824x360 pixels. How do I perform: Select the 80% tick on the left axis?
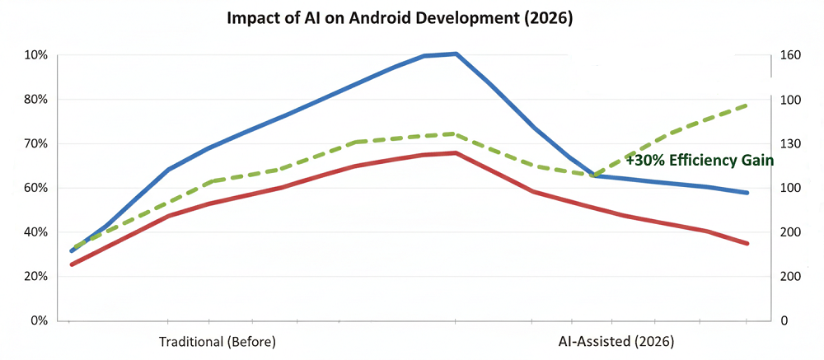tap(37, 100)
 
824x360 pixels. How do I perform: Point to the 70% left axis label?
tap(37, 144)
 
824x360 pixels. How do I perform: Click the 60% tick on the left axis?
tap(37, 188)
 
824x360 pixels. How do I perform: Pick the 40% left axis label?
tap(37, 232)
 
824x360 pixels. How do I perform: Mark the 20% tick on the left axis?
tap(37, 277)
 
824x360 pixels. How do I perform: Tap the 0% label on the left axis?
tap(40, 320)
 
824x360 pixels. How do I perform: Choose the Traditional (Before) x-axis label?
tap(217, 341)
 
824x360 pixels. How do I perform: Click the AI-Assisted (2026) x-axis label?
tap(616, 341)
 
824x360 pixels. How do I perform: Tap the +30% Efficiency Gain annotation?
tap(699, 161)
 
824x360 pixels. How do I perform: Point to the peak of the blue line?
tap(456, 54)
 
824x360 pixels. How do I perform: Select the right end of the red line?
tap(747, 244)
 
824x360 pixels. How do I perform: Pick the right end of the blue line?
tap(747, 193)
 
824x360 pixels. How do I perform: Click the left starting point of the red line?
tap(72, 264)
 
